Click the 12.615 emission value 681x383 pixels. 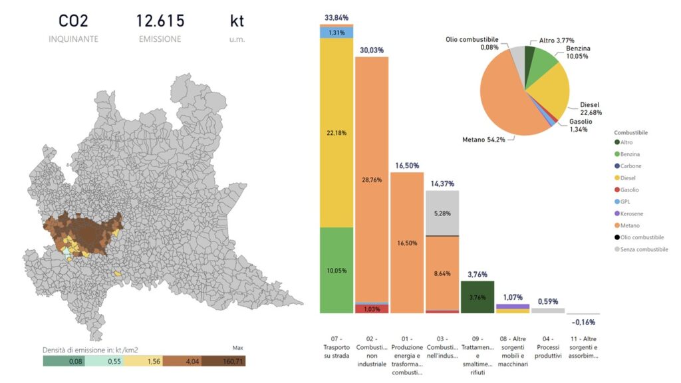(160, 21)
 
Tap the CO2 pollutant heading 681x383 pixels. (73, 21)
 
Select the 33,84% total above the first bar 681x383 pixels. (337, 17)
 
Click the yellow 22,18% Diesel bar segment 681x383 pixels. (337, 133)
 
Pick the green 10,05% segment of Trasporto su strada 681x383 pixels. (337, 270)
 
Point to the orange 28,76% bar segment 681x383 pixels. (372, 180)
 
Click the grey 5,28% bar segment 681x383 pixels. (442, 213)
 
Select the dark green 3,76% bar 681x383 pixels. (477, 297)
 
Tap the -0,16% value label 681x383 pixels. (583, 322)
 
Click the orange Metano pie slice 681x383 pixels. (512, 100)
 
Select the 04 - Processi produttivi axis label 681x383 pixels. (548, 342)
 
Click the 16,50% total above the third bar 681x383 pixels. (407, 165)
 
